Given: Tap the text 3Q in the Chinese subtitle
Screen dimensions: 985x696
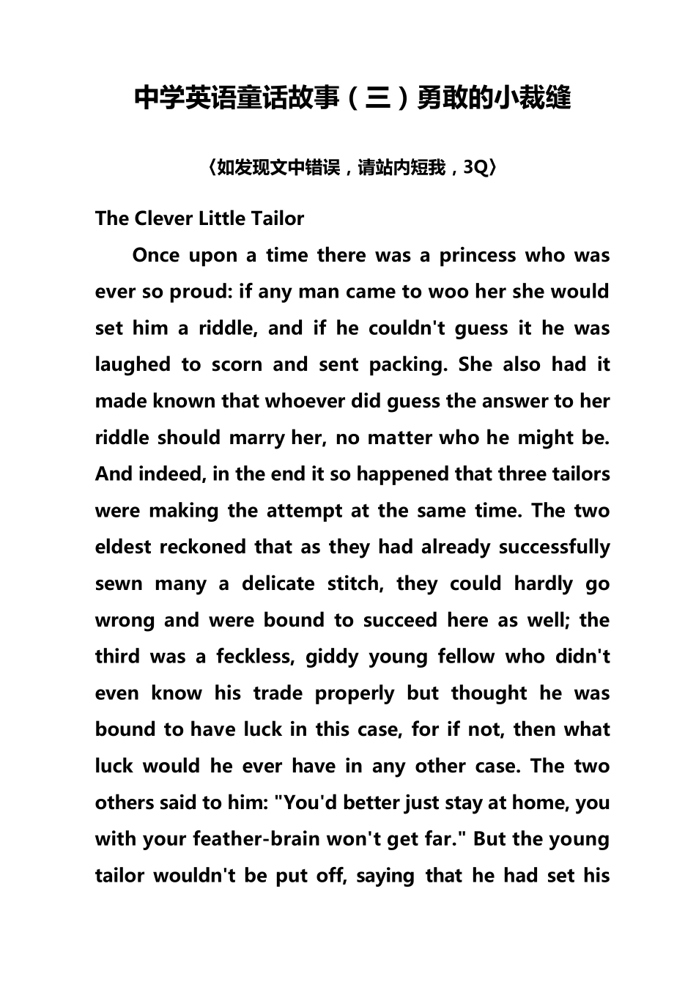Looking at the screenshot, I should point(475,168).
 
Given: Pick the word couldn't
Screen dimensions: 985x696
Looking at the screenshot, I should point(407,328).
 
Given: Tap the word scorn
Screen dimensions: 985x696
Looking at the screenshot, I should point(237,365).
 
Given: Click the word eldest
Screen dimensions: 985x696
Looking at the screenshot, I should point(123,547).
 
